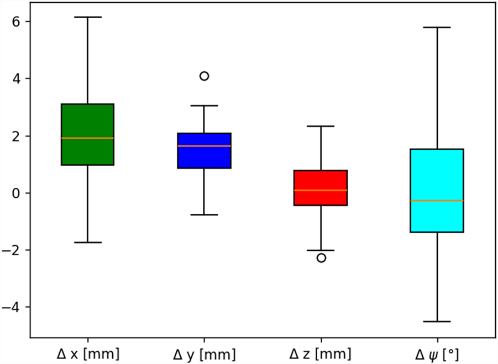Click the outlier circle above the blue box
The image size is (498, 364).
[x=204, y=76]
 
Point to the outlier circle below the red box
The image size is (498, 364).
[x=321, y=258]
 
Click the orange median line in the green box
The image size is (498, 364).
[x=87, y=138]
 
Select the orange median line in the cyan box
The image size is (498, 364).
[x=437, y=201]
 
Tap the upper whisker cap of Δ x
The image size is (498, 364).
[x=87, y=17]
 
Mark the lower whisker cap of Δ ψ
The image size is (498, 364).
[x=437, y=321]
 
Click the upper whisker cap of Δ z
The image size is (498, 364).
[x=321, y=126]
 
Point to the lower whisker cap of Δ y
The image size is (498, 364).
[x=204, y=214]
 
